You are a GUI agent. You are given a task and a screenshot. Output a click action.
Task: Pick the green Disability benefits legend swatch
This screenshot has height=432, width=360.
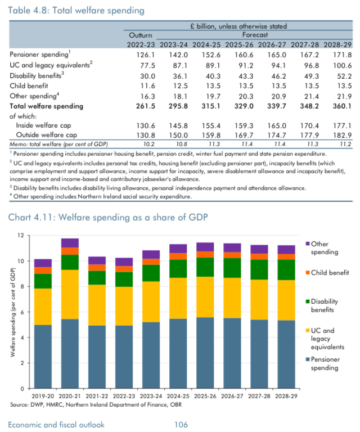(308, 302)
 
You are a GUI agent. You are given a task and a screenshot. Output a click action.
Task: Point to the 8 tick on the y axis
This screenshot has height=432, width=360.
(21, 286)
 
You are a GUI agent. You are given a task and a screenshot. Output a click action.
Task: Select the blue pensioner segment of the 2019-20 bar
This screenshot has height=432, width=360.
(43, 356)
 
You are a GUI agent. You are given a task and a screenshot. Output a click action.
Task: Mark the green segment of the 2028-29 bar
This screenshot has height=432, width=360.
(287, 269)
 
